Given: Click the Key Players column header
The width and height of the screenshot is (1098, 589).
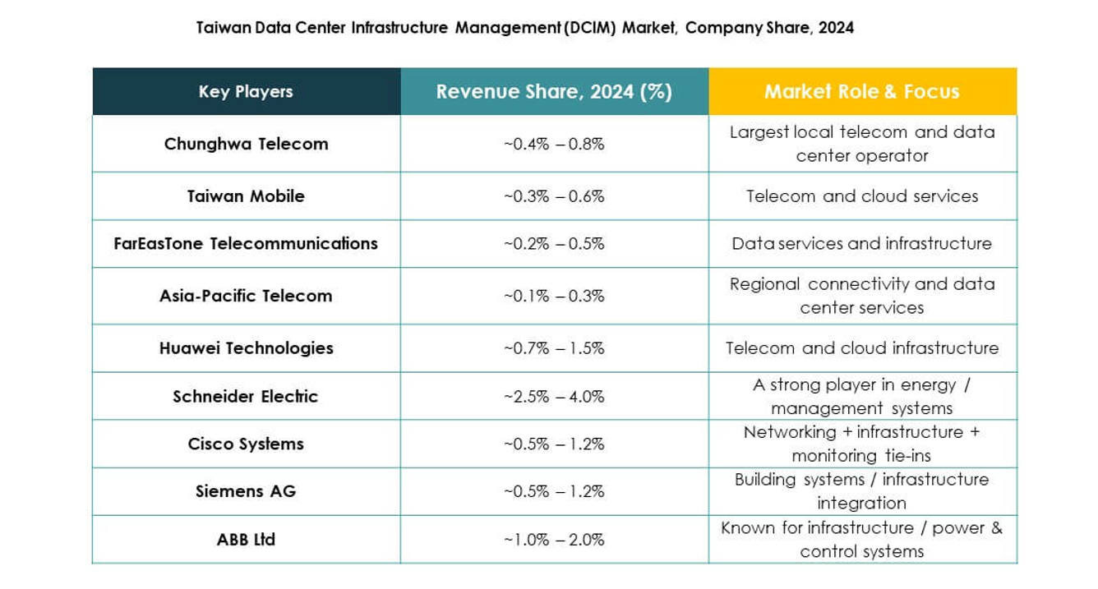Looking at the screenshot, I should coord(246,92).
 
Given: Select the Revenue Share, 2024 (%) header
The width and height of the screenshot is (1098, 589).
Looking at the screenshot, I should coord(554,92).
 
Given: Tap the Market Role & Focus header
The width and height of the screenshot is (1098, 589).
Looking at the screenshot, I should coord(861,92).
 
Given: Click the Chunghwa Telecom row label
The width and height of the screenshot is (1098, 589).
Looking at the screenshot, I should coord(246,144).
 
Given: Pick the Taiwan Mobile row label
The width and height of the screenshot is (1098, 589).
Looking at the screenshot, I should coord(246,196).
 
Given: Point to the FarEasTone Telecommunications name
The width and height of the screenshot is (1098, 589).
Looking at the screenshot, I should coord(246,244).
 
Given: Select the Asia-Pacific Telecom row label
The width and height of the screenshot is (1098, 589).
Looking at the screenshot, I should coord(246,296).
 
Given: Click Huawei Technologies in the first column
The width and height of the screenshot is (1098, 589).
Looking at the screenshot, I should coord(246,348).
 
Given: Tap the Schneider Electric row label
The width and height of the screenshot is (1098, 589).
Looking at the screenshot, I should coord(245,396).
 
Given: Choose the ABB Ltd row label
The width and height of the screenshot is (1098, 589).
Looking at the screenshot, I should coord(246,540).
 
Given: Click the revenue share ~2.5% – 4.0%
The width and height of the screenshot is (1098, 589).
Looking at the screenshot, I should coord(554,396).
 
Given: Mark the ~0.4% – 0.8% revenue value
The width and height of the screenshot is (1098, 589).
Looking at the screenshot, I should coord(554,144).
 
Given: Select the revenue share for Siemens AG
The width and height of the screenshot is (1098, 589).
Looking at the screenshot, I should coord(554,491).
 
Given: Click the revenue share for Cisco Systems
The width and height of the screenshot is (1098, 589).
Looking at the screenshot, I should coord(554,444).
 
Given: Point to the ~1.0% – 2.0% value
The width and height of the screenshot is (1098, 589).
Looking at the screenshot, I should coord(554,540).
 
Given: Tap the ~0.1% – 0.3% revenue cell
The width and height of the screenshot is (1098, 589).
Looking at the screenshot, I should coord(554,296).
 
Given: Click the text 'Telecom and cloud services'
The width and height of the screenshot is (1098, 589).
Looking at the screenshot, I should coord(861,196).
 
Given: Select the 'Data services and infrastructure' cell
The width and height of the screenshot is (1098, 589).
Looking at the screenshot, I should coord(861,244).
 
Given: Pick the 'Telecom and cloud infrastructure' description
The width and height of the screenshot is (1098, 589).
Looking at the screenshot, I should coord(861,348).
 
